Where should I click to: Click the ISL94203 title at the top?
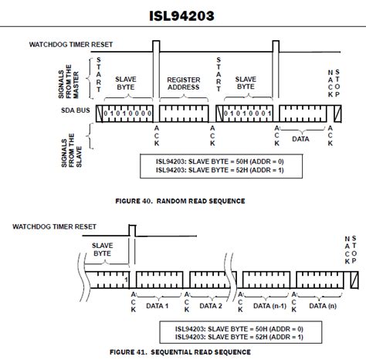coord(181,15)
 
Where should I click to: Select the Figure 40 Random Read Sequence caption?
coord(180,201)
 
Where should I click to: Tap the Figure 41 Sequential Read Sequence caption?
coord(180,352)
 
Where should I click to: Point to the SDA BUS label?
coord(76,110)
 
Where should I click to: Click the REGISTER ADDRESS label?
coord(184,83)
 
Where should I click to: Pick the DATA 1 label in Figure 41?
coord(158,306)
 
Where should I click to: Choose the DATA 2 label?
coord(211,306)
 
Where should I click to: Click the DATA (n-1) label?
coord(269,306)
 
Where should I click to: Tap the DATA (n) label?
coord(323,306)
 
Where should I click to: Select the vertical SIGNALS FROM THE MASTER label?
coord(69,81)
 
